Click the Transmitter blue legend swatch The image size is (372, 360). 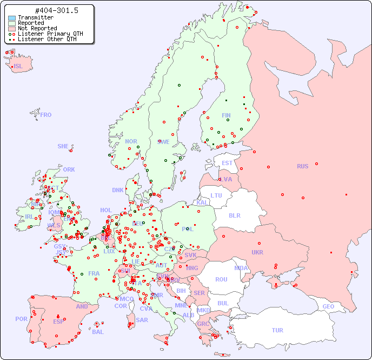(x=12, y=18)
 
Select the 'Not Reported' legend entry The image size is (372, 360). (x=37, y=28)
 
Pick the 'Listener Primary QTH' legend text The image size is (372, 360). (x=50, y=34)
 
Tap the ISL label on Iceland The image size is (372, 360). (x=18, y=66)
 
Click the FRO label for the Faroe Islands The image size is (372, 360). (x=45, y=115)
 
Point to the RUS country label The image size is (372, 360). (x=302, y=166)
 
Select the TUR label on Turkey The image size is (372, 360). (x=277, y=330)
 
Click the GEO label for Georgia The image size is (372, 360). (x=328, y=306)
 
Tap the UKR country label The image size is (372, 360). (x=257, y=252)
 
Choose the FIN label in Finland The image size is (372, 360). (x=226, y=115)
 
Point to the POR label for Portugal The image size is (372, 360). (x=21, y=319)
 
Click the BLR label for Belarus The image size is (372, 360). (x=234, y=215)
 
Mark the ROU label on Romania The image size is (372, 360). (x=221, y=279)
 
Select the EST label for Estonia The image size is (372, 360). (x=227, y=163)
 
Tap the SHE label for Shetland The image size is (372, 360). (x=63, y=146)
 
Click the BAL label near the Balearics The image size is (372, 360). (x=97, y=332)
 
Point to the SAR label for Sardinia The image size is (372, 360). (x=142, y=320)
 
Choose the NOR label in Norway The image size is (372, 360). (x=131, y=141)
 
